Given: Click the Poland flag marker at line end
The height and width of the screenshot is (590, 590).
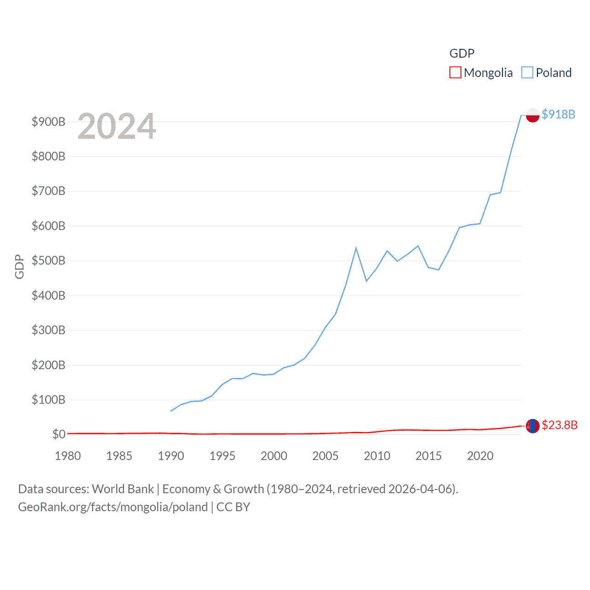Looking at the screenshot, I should click(x=532, y=115).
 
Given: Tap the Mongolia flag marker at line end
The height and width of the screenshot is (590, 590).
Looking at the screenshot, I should click(x=532, y=426).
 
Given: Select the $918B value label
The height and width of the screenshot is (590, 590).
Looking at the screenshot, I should click(x=558, y=114).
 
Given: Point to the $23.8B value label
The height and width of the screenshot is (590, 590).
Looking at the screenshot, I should click(x=559, y=425).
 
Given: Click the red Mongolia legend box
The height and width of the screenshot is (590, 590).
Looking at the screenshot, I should click(x=455, y=73).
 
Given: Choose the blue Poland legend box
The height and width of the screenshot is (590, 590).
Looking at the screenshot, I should click(x=527, y=73).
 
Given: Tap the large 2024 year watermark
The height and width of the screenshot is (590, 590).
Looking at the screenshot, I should click(x=117, y=126).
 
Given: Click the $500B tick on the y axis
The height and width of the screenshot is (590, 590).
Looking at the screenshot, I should click(x=48, y=261).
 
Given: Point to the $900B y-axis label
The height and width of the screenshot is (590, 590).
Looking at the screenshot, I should click(x=48, y=122).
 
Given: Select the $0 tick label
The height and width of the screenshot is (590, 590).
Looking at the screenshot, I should click(x=59, y=435).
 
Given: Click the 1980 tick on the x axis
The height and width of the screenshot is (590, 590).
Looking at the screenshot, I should click(x=68, y=456).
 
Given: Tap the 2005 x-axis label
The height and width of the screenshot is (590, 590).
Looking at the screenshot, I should click(x=325, y=456).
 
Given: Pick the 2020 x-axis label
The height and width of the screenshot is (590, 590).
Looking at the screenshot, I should click(x=480, y=456).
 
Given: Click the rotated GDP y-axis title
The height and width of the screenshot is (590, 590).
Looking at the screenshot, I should click(x=19, y=266).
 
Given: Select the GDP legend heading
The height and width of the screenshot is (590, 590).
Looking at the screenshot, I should click(x=462, y=53).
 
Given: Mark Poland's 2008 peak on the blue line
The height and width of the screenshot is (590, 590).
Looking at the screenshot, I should click(x=356, y=248).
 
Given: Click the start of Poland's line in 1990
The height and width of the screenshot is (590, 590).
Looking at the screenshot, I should click(x=171, y=411).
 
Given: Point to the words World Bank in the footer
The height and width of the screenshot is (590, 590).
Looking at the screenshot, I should click(x=123, y=489).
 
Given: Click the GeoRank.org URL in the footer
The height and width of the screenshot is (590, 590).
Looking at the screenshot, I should click(x=113, y=507).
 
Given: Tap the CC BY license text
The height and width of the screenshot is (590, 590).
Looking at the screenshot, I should click(x=233, y=507).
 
